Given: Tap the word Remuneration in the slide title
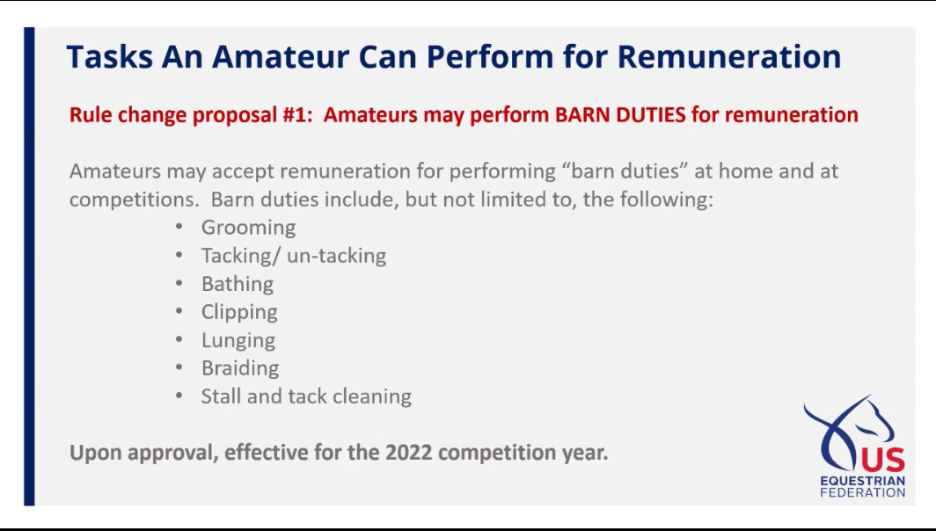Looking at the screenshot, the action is (729, 56).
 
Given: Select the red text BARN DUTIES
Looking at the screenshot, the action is (620, 114).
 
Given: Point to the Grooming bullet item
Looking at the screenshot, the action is (248, 228).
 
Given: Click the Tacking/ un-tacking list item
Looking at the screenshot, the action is (294, 255).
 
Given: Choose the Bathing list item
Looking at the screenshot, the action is (238, 283).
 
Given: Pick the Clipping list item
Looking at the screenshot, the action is (239, 312).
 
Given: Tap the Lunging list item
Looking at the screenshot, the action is (238, 340).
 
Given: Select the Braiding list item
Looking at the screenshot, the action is (240, 368).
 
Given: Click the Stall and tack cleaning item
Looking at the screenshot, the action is (306, 396).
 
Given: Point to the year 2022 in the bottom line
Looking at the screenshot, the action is (408, 452).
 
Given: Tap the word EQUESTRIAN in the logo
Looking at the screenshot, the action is (863, 481).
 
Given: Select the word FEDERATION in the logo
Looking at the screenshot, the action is (863, 493).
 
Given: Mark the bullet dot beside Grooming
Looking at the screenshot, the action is (179, 227).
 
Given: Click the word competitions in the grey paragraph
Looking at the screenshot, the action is (134, 200).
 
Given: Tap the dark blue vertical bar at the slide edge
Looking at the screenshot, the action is (29, 266).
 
